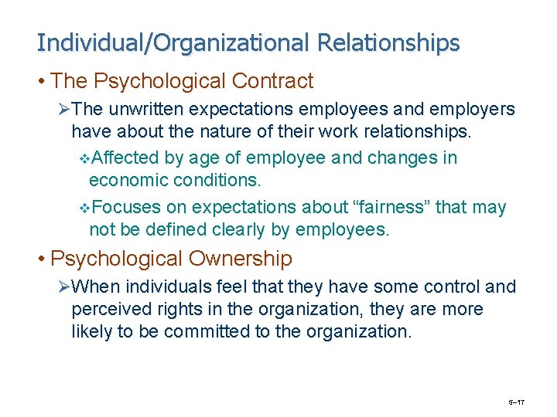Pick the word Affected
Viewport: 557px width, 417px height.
[x=125, y=158]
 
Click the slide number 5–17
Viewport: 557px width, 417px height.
[x=516, y=402]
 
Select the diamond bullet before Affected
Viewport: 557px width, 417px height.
[x=84, y=159]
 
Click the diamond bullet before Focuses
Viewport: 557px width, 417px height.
[x=84, y=208]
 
